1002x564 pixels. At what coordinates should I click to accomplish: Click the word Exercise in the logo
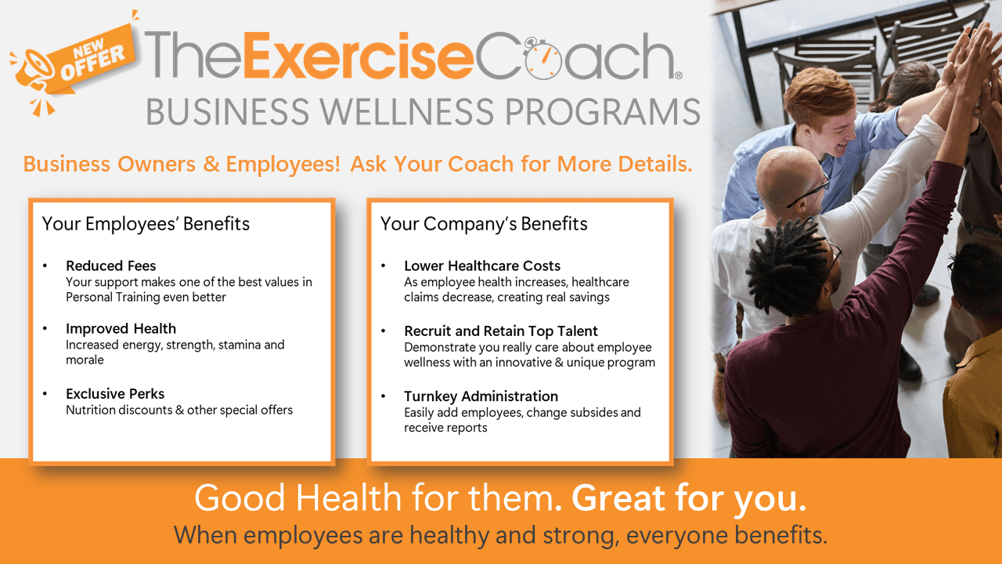click(359, 56)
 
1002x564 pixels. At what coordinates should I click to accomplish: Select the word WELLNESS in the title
click(406, 111)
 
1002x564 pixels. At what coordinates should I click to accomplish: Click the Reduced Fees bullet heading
click(111, 266)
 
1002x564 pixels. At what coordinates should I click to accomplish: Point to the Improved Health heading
click(121, 328)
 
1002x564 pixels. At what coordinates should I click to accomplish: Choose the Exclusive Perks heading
click(115, 393)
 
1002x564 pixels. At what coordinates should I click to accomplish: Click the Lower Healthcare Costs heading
click(481, 266)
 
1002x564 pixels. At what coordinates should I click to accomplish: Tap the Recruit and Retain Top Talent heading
click(500, 331)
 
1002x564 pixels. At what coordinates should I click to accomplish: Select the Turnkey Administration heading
click(481, 396)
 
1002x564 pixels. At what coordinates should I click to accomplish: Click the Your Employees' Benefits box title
click(146, 224)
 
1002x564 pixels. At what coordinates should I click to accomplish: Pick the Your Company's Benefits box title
click(484, 224)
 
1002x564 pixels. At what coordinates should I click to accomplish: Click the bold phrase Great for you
click(689, 498)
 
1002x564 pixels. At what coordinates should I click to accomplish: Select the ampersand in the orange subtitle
click(211, 164)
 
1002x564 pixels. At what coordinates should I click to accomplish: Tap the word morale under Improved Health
click(85, 360)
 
